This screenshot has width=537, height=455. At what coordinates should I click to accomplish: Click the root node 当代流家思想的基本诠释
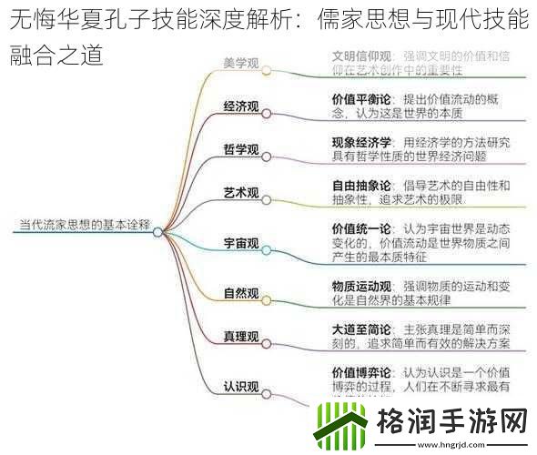tap(85, 221)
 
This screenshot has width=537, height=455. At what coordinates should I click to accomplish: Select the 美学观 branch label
tap(241, 64)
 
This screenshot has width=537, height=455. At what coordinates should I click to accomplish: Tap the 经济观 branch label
tap(241, 106)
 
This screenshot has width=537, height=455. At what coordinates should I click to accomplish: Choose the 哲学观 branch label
tap(241, 149)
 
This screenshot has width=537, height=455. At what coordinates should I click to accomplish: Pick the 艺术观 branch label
tap(241, 193)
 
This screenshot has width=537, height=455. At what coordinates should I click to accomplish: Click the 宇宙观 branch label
tap(241, 244)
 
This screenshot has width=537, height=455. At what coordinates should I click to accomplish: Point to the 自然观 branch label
tap(241, 293)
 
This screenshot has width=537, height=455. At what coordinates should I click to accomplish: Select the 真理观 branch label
tap(241, 337)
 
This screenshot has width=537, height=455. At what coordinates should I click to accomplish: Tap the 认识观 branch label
tap(241, 386)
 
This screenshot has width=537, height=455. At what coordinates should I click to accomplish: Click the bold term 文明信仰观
tap(362, 56)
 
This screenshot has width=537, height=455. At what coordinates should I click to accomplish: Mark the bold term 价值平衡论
tap(362, 98)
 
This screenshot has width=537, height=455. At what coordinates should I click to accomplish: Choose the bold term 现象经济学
tap(362, 142)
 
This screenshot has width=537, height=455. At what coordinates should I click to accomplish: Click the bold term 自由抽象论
tap(362, 185)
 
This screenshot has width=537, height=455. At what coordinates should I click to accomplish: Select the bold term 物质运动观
tap(362, 286)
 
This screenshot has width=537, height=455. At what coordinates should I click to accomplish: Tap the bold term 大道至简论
tap(362, 329)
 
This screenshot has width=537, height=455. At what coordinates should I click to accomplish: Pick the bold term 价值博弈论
tap(362, 372)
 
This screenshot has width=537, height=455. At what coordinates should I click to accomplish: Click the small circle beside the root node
tap(159, 232)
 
